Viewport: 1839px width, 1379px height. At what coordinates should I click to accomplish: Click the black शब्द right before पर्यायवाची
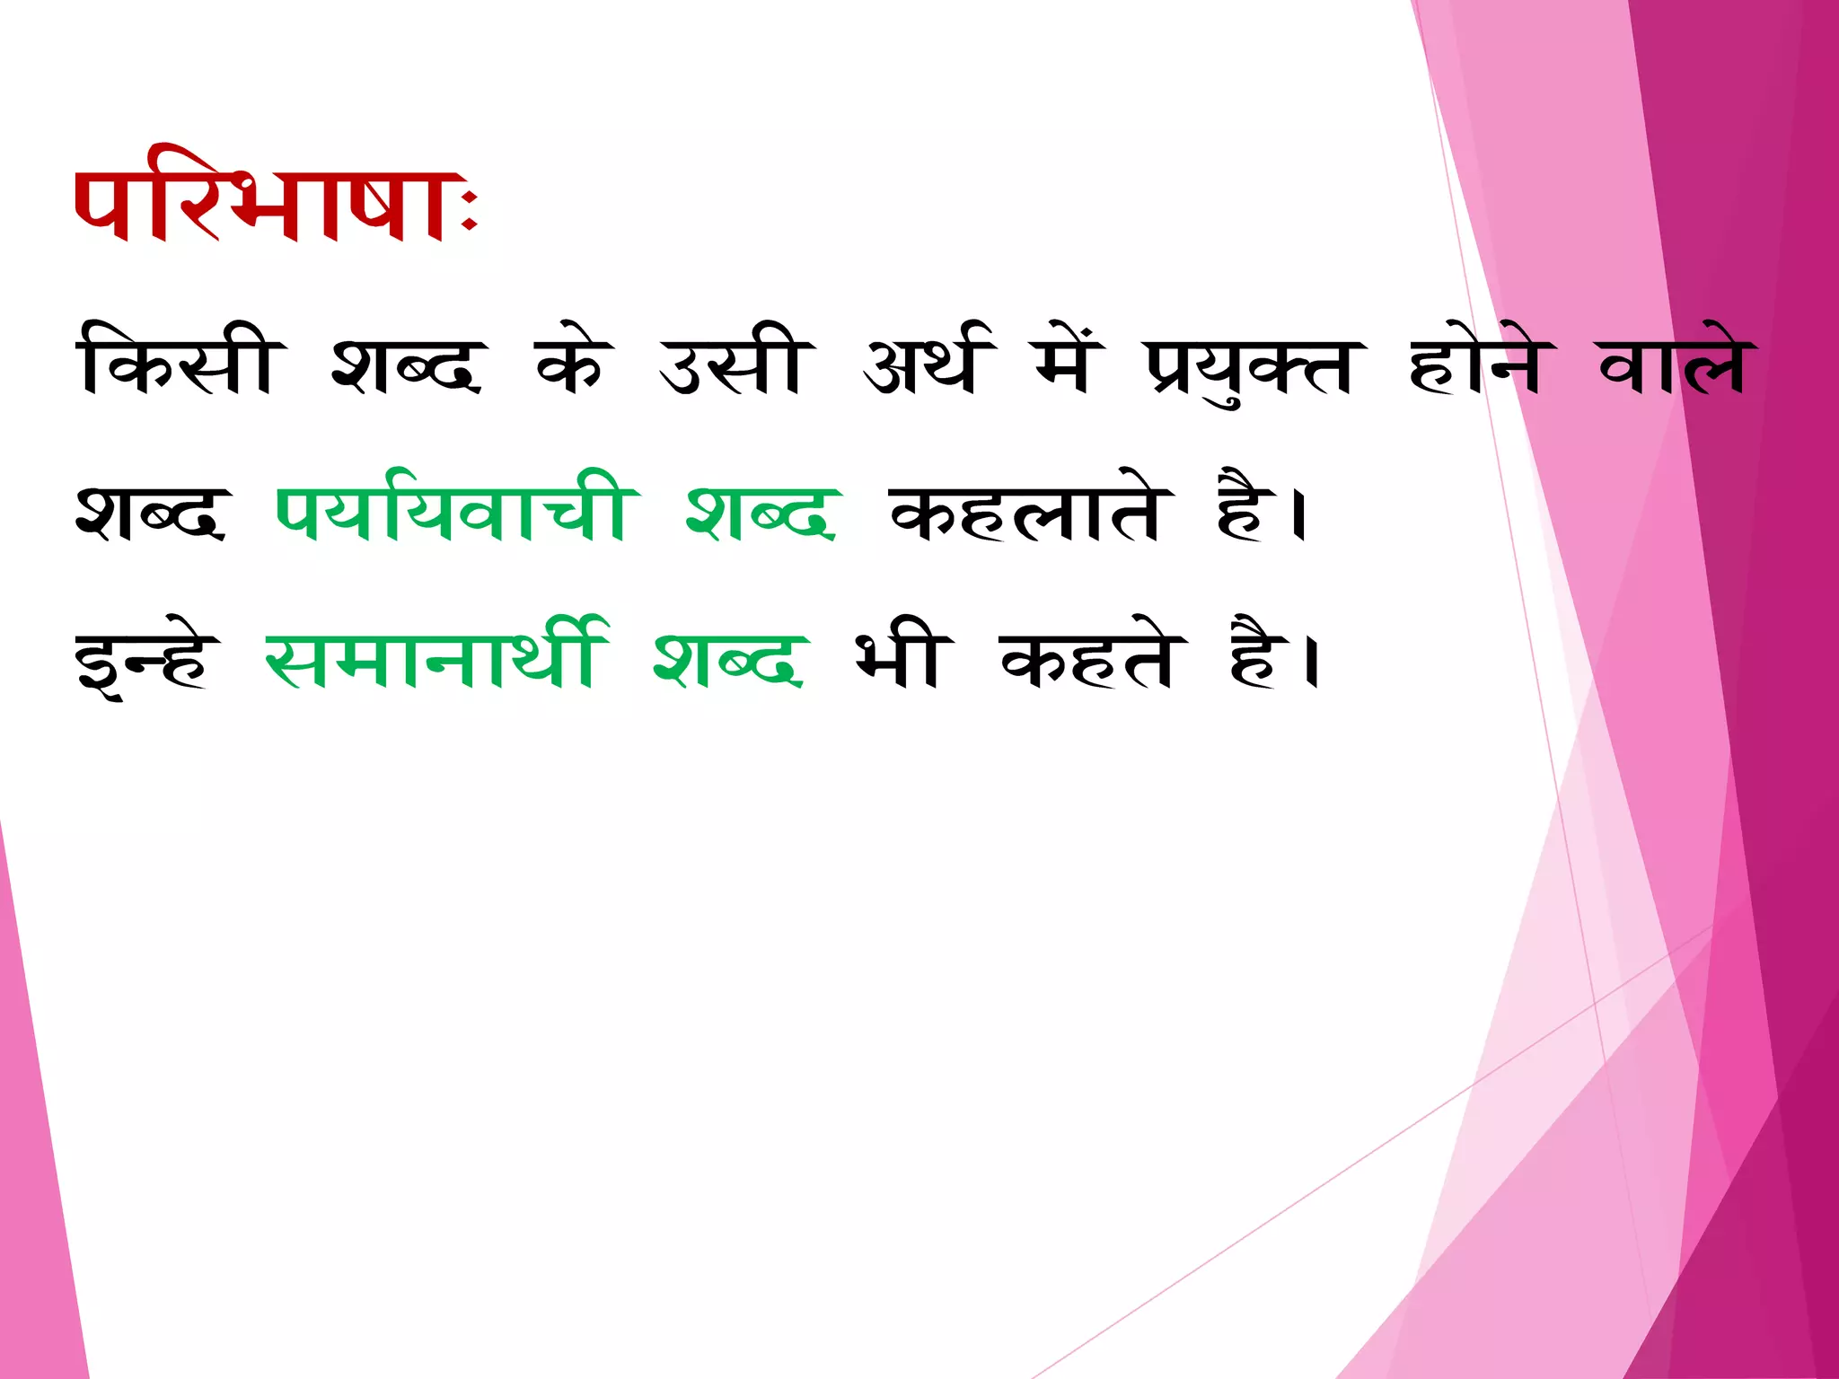(x=151, y=513)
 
